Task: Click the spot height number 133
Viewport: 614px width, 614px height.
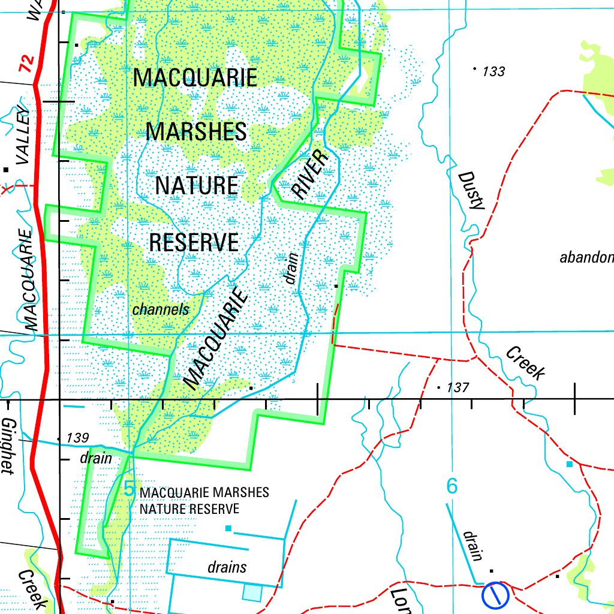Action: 493,72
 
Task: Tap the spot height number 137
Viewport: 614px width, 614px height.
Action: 458,388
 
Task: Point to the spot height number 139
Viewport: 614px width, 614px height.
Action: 78,438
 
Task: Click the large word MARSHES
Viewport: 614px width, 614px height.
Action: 196,131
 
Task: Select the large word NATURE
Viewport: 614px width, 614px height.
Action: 197,185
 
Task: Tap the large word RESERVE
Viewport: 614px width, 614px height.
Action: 194,242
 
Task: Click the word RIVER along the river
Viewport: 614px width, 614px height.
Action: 311,174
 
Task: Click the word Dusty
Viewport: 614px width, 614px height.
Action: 471,191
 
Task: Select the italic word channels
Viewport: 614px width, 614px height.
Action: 160,310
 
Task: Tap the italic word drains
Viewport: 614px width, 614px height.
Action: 227,567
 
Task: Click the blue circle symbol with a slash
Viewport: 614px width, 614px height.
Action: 495,594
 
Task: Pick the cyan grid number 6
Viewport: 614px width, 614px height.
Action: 452,486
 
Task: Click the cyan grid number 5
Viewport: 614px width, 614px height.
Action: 129,488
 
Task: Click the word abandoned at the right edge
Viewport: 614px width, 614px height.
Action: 586,258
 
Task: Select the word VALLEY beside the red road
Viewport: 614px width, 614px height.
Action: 23,135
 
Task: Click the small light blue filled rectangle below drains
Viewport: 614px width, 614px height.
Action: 252,592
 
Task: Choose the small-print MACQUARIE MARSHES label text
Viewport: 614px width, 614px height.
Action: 204,493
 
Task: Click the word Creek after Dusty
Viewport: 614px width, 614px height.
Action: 525,363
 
